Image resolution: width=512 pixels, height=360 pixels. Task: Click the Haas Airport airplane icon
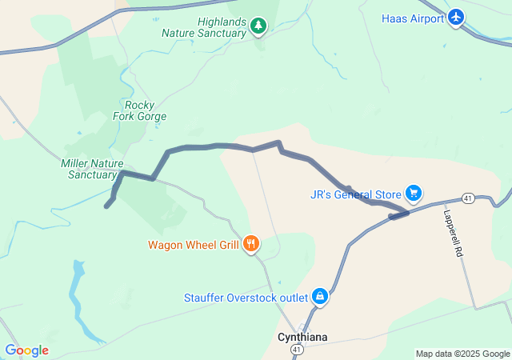tap(456, 18)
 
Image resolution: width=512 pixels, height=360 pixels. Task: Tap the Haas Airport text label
tap(413, 18)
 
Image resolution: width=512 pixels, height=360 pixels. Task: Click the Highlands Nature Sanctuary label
tap(203, 27)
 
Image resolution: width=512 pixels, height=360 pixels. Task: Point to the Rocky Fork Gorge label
tap(145, 110)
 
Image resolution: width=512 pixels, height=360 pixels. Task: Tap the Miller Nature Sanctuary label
tap(90, 169)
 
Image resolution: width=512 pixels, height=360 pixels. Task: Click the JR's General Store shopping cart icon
tap(414, 194)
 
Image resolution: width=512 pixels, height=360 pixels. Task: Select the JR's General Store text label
tap(356, 194)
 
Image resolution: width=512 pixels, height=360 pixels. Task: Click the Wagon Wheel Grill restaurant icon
tap(251, 244)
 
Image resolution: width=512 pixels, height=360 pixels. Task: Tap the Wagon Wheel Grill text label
tap(193, 245)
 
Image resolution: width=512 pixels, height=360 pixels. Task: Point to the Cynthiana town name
tap(302, 337)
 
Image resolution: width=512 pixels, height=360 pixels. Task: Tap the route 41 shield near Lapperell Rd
tap(469, 198)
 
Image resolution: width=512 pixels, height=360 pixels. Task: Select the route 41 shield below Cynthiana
tap(297, 350)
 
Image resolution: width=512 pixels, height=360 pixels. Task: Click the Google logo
tap(26, 350)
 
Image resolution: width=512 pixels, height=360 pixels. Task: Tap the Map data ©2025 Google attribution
tap(462, 354)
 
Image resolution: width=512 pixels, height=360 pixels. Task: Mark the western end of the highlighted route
tap(107, 206)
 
